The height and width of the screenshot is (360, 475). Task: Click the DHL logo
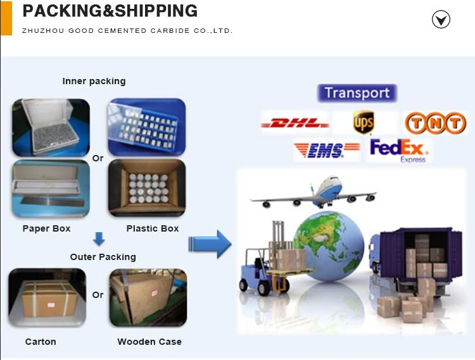(x=294, y=122)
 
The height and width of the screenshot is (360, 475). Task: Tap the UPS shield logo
(x=364, y=121)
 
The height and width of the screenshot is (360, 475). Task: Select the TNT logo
(x=434, y=123)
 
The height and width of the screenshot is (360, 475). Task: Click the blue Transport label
(x=357, y=93)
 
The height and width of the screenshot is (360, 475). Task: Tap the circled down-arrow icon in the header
(x=441, y=20)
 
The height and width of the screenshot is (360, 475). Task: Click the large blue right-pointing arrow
(x=210, y=244)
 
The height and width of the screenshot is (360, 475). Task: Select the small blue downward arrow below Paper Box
(x=99, y=240)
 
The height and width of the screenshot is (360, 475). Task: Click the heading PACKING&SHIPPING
(x=110, y=11)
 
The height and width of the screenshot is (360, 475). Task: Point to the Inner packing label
(x=94, y=81)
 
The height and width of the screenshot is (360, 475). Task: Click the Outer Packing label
(x=103, y=257)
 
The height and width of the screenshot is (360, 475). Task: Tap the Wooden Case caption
(x=149, y=342)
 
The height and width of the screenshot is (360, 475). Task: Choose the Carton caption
(x=41, y=342)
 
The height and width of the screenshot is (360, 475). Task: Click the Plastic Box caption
(x=153, y=228)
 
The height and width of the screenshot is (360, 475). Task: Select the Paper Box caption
(x=46, y=228)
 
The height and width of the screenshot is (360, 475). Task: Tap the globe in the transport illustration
(x=328, y=247)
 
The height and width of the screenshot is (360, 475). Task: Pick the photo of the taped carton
(x=47, y=297)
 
